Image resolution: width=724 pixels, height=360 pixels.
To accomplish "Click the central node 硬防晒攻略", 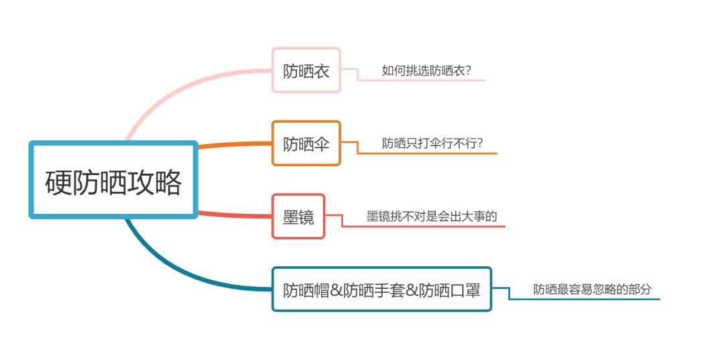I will (113, 180).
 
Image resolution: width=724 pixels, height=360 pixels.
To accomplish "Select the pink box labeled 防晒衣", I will (306, 70).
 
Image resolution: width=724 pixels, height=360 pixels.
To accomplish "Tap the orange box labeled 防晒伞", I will (306, 143).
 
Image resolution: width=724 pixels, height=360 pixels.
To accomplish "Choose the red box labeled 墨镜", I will (298, 217).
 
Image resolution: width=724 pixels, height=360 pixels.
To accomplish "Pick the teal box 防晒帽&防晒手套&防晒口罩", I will (381, 290).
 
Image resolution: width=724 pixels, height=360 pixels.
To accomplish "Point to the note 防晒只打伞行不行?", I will (432, 143).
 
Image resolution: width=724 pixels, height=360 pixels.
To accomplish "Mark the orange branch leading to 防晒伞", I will (235, 145).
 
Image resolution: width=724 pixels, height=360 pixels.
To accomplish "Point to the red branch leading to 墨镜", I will (235, 215).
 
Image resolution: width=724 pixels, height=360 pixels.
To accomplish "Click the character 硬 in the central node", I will (59, 182).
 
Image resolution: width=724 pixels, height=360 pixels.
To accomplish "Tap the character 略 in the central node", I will (168, 182).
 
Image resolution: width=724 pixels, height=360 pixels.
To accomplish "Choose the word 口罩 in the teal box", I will (465, 290).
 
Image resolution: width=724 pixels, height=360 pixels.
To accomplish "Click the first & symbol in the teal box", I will (336, 290).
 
